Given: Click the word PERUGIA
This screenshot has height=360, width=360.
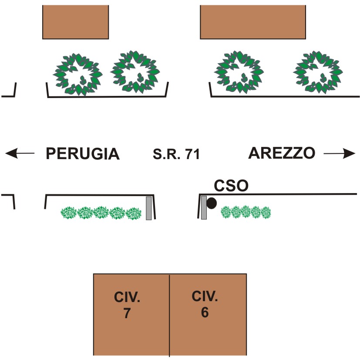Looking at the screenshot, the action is pyautogui.click(x=83, y=153).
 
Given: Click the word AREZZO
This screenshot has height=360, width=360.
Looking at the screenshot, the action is pyautogui.click(x=282, y=153).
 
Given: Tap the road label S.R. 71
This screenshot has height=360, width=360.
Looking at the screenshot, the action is pyautogui.click(x=176, y=154).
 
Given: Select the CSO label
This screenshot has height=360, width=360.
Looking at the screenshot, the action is pyautogui.click(x=231, y=186).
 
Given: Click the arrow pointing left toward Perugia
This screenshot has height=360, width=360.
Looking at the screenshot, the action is pyautogui.click(x=20, y=153).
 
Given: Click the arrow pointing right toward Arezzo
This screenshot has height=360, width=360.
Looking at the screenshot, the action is pyautogui.click(x=340, y=153).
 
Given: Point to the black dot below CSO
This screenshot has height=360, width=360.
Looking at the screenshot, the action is pyautogui.click(x=212, y=203).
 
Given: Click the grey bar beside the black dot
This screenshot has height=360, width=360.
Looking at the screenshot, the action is pyautogui.click(x=204, y=207).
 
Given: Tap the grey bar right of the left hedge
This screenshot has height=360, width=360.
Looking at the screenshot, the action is pyautogui.click(x=149, y=208).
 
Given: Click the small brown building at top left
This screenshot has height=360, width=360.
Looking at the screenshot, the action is pyautogui.click(x=76, y=22).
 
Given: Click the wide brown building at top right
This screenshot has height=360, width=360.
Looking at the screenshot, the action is pyautogui.click(x=253, y=22).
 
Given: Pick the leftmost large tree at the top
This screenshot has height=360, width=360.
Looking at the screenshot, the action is pyautogui.click(x=77, y=74).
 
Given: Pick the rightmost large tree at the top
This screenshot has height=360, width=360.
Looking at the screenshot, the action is pyautogui.click(x=318, y=72).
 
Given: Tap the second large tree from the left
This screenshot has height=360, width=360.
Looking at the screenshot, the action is pyautogui.click(x=135, y=72).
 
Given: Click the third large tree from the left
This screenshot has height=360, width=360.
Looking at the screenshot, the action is pyautogui.click(x=239, y=72).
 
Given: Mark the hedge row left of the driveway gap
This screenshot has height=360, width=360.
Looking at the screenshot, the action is pyautogui.click(x=101, y=213).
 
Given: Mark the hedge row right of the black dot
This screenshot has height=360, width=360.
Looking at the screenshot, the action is pyautogui.click(x=246, y=212).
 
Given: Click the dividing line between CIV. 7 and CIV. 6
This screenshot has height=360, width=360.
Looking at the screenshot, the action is pyautogui.click(x=169, y=315).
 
